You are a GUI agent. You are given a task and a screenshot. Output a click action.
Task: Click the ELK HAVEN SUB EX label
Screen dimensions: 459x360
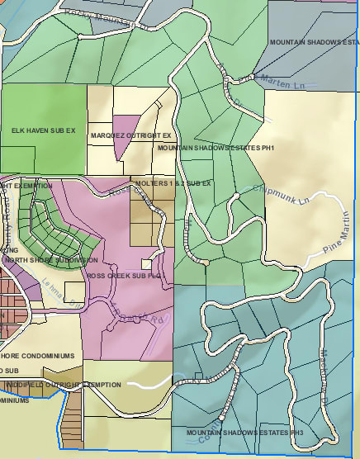pos(43,130)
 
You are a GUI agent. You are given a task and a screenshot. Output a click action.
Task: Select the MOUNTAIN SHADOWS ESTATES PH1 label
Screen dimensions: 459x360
pos(215,148)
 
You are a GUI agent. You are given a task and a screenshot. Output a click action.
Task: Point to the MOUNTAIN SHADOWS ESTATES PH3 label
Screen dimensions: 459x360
pos(245,433)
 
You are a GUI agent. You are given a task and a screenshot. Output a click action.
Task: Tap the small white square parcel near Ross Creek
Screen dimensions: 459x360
pos(146,264)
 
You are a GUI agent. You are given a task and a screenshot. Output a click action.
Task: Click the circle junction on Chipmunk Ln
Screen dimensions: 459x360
pos(236,196)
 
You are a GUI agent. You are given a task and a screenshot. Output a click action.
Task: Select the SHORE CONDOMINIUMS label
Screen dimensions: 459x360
pos(41,356)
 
